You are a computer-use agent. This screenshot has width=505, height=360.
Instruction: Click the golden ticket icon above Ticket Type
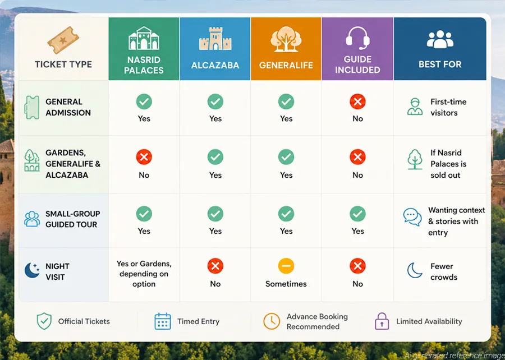[63, 40]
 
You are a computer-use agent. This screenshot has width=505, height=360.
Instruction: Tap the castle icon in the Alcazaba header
[215, 39]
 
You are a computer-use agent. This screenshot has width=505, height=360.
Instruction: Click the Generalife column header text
[286, 65]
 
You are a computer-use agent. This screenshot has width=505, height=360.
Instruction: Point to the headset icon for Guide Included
[357, 38]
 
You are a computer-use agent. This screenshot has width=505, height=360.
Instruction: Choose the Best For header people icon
[440, 39]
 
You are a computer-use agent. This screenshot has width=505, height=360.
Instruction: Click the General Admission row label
[68, 107]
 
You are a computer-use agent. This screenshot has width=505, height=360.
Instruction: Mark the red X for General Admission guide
[357, 101]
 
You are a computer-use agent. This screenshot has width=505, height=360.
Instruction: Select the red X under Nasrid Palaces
[144, 157]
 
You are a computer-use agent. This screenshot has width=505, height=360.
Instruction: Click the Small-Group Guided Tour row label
[73, 219]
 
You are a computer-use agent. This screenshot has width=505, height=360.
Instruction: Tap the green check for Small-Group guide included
[357, 214]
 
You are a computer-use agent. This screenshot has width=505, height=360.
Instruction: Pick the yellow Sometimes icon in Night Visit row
[286, 266]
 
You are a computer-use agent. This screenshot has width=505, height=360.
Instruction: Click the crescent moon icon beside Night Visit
[32, 270]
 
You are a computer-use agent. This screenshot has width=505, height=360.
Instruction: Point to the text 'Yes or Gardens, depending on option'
[144, 274]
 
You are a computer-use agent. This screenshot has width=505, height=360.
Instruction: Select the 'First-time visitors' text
[448, 107]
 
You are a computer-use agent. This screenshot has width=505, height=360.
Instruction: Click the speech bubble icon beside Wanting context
[412, 217]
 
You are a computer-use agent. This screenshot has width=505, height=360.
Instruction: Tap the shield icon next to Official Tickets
[44, 321]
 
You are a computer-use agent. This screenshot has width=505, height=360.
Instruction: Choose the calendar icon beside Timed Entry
[163, 321]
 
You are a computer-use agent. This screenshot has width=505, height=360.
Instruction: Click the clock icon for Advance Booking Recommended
[272, 321]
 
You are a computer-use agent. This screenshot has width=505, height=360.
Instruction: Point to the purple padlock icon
[382, 321]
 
